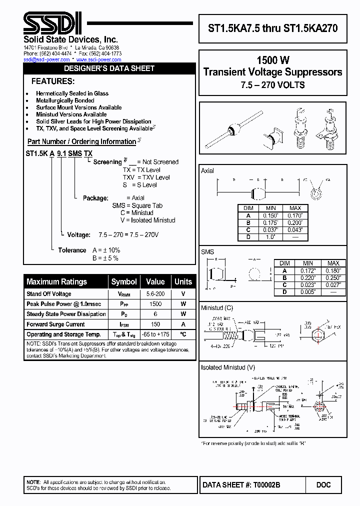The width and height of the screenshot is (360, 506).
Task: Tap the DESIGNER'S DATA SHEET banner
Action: coord(109,68)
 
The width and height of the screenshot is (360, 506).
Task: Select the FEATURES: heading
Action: coord(53,81)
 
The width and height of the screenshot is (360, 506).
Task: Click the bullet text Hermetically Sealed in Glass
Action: coord(72,93)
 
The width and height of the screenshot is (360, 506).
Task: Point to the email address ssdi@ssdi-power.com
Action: coord(45,59)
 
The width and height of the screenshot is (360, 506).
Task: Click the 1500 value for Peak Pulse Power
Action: coord(155,304)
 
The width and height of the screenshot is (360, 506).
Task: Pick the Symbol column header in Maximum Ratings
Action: coord(124,281)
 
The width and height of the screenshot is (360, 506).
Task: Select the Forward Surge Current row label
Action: coord(55,324)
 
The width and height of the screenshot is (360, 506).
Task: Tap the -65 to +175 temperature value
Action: coord(155,334)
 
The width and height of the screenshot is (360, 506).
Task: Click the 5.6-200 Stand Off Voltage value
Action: coord(155,294)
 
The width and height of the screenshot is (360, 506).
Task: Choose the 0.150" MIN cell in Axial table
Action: coord(270,215)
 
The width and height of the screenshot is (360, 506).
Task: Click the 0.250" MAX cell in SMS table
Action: coord(332,277)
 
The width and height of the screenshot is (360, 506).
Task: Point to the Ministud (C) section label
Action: coord(217,308)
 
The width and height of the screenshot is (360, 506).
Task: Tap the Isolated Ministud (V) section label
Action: coord(226,367)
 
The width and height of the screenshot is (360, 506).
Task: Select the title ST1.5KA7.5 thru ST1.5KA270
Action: coord(272,28)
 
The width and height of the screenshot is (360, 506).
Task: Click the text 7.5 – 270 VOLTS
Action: coord(272,85)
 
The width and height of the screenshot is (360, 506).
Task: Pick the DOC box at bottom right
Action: coord(323,484)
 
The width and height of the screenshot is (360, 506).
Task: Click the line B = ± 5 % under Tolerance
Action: coord(105,258)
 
